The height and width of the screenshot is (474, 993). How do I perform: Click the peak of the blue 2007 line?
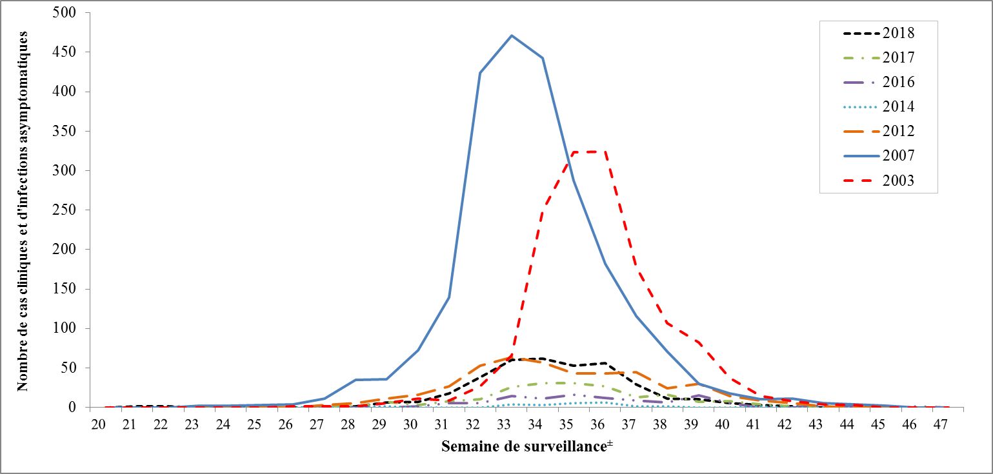click(x=512, y=35)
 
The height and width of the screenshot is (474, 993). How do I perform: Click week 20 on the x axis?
click(x=98, y=424)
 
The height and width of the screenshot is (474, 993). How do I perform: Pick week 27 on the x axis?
click(x=316, y=424)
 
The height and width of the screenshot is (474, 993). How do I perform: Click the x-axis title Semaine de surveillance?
click(x=523, y=446)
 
